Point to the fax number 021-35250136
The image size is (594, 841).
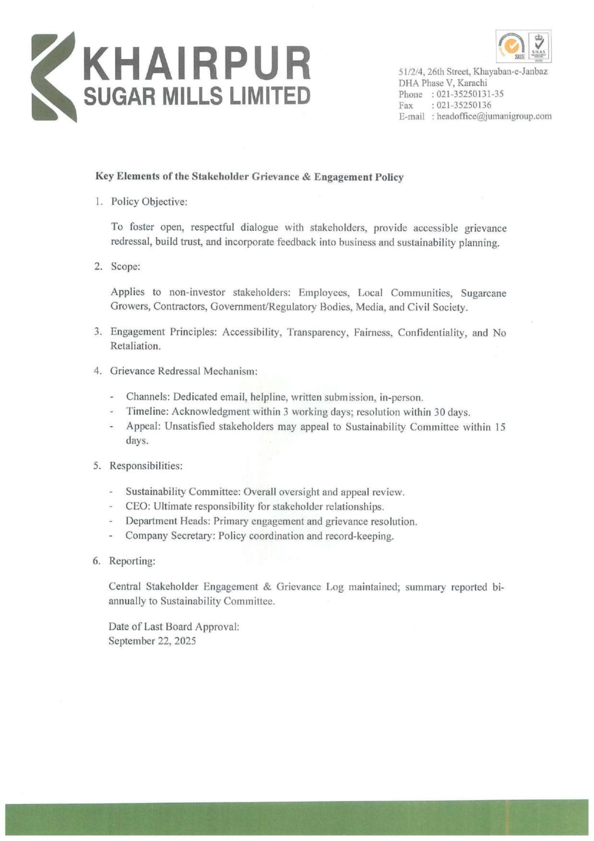[x=461, y=105]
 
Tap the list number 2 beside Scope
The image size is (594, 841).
[x=97, y=267]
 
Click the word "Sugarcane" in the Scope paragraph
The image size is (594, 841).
[x=483, y=293]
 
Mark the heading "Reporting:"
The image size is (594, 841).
[x=132, y=561]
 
